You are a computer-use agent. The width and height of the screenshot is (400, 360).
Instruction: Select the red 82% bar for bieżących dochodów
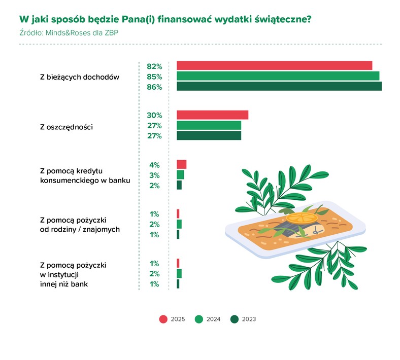[274, 65]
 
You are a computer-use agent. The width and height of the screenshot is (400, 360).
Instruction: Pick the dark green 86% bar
[279, 86]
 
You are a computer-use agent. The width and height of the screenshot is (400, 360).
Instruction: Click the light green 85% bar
[278, 76]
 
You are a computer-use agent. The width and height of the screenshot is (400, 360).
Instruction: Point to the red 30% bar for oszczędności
[212, 115]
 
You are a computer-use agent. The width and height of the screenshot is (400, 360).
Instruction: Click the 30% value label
[154, 115]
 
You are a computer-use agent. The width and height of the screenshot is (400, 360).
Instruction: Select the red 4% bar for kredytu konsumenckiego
[181, 164]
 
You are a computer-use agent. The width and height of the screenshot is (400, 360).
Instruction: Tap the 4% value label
[155, 165]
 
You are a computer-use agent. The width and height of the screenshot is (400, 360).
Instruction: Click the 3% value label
[155, 175]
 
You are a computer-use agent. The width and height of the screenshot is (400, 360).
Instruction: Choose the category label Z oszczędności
[66, 126]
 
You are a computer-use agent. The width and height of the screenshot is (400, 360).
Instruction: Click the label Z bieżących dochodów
[79, 77]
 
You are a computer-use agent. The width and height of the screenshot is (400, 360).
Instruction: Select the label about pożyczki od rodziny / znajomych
[80, 225]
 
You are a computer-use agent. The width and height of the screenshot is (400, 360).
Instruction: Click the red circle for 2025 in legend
[163, 319]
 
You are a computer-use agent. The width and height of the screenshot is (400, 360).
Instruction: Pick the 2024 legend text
[214, 319]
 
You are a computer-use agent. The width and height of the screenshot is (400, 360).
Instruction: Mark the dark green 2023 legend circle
[234, 319]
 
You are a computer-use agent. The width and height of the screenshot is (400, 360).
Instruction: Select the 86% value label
[154, 87]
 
